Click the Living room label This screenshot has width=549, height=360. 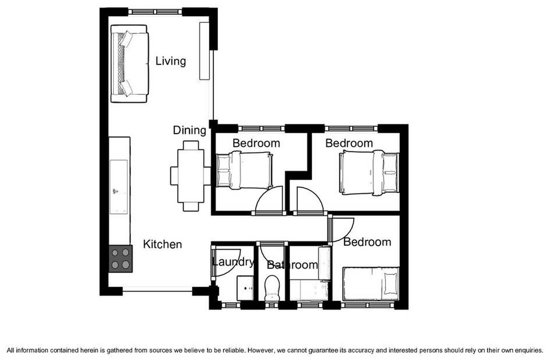pos(171,61)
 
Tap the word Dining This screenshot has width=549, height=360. pos(190,130)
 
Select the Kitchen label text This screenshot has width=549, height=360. pos(163,244)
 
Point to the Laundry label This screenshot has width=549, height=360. pos(233,262)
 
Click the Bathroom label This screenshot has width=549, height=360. pos(292,265)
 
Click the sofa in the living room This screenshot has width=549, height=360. pos(129,63)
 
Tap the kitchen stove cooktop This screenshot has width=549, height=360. pos(121,259)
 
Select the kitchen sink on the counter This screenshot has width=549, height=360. pos(118,187)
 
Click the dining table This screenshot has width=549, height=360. pos(191,176)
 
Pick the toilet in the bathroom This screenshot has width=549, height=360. pos(272,288)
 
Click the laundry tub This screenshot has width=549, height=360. pos(245,288)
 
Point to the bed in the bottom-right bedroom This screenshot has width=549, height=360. pos(371,283)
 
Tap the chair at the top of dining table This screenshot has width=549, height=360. pos(191,145)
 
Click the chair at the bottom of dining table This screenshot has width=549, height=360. pos(191,207)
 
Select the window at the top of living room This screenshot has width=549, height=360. pos(155,12)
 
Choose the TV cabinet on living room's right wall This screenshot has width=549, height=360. pos(204,51)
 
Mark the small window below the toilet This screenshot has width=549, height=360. pos(272,305)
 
